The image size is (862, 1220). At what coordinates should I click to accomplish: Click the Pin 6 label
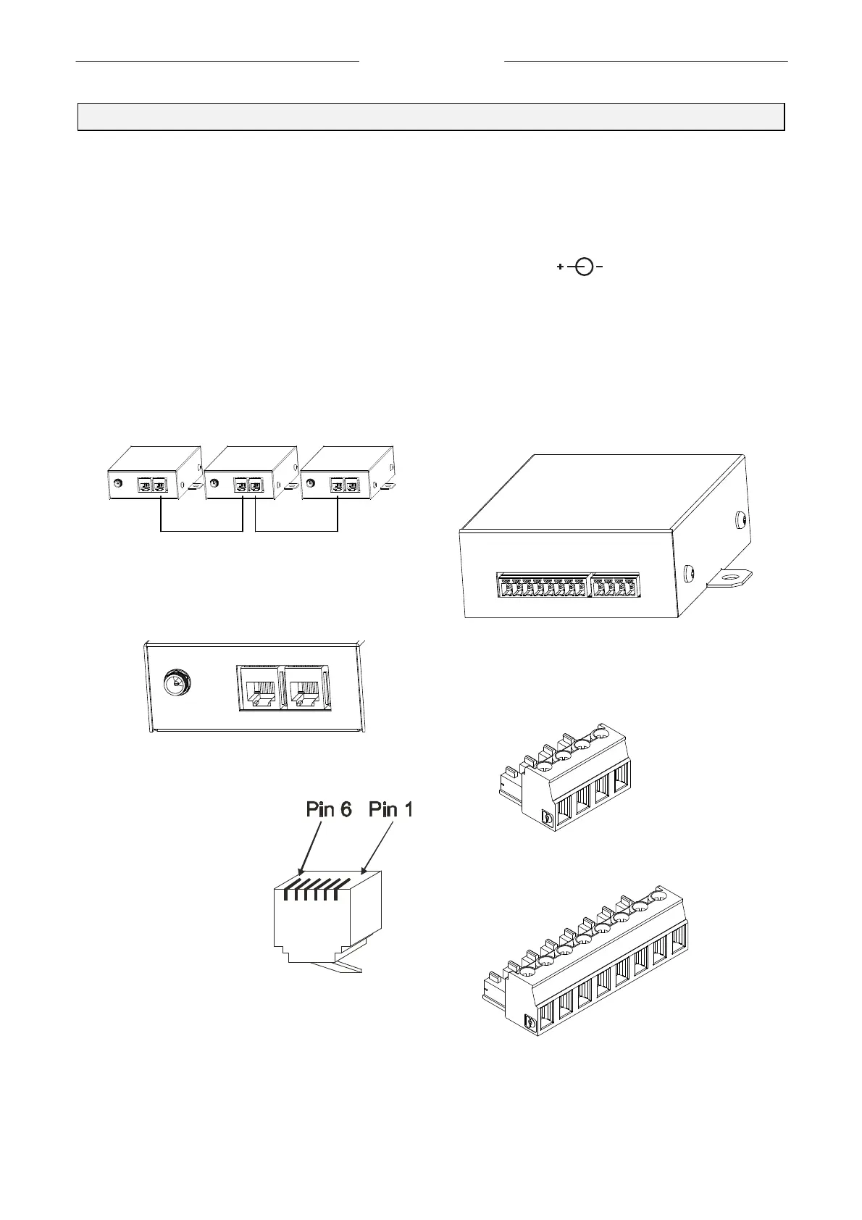[x=329, y=809]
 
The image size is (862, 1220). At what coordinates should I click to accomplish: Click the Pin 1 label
[x=390, y=809]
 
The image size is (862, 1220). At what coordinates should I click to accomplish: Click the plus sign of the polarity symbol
[x=561, y=267]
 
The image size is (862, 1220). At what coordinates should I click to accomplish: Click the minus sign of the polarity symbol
[x=600, y=267]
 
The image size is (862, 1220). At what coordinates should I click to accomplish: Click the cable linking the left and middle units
[x=201, y=531]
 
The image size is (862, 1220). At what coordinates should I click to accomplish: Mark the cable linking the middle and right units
[x=297, y=531]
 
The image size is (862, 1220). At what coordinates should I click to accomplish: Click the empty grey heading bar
[x=431, y=117]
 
